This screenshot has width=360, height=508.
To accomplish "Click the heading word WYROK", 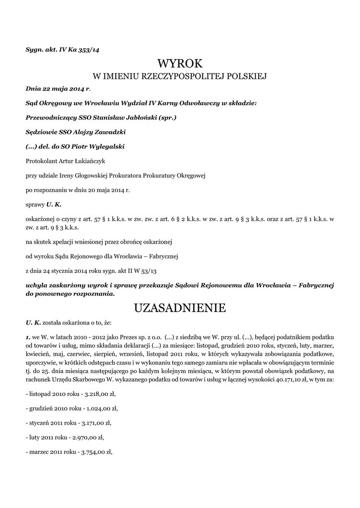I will tap(180, 63).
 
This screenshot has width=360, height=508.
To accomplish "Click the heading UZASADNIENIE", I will tap(180, 308).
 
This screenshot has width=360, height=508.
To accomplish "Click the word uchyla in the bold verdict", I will tap(36, 285).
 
